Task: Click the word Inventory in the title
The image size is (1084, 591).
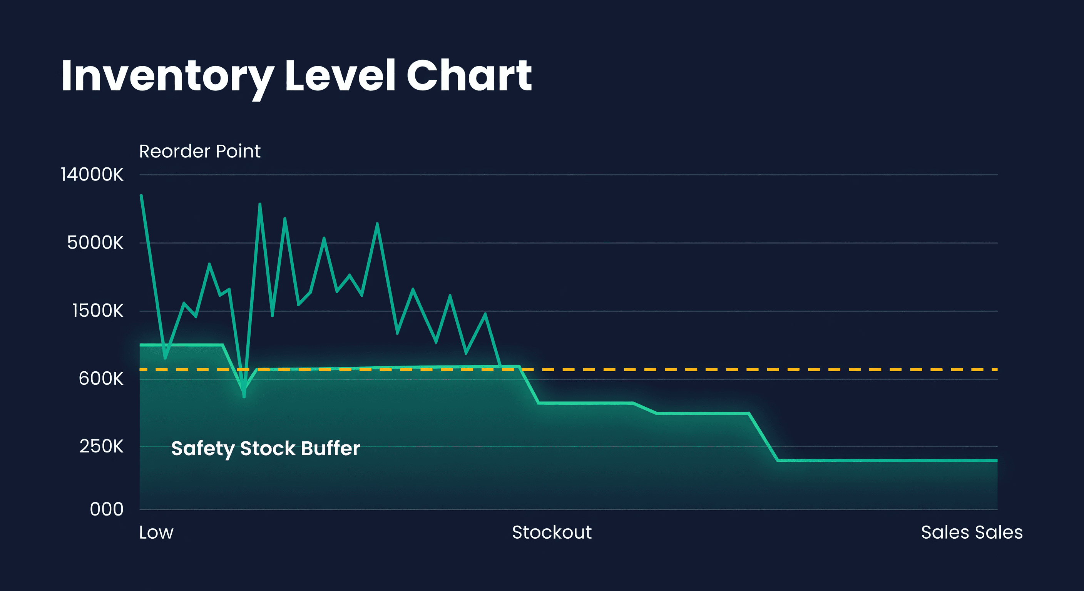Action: [x=167, y=77]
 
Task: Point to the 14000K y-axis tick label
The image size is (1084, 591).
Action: [x=92, y=175]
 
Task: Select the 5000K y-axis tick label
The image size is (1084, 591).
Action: [x=95, y=243]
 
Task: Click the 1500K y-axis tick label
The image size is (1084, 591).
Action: [x=98, y=311]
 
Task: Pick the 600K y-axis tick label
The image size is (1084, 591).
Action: [x=101, y=379]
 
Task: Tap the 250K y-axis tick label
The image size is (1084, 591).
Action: [x=101, y=447]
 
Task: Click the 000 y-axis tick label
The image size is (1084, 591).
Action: [x=107, y=510]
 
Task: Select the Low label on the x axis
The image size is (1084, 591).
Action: [x=156, y=533]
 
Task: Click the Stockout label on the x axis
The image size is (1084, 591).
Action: [x=552, y=533]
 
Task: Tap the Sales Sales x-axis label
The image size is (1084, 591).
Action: [x=972, y=533]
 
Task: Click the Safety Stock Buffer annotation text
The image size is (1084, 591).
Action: [x=266, y=448]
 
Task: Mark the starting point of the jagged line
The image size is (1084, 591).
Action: [x=141, y=195]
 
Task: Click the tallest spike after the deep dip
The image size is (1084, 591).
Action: [x=259, y=204]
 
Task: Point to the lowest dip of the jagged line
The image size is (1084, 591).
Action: [x=244, y=396]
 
